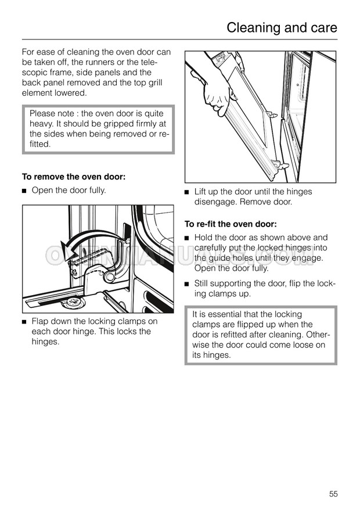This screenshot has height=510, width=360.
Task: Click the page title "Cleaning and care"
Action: point(282,27)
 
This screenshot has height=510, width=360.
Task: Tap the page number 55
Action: point(333,494)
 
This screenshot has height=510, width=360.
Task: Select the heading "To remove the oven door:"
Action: point(73,177)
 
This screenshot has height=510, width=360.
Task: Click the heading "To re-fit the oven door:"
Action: point(231,224)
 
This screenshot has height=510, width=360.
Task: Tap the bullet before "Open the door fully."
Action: point(24,191)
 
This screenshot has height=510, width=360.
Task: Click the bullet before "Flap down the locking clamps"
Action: point(24,322)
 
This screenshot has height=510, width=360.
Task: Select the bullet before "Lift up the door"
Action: point(187,192)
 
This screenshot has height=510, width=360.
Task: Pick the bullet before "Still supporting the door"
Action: point(187,284)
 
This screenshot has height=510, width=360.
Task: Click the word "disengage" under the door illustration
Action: point(215,202)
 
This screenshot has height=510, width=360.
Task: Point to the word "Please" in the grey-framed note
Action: point(42,113)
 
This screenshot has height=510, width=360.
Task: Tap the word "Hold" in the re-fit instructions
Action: point(204,238)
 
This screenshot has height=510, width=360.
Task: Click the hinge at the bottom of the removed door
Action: point(279,166)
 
